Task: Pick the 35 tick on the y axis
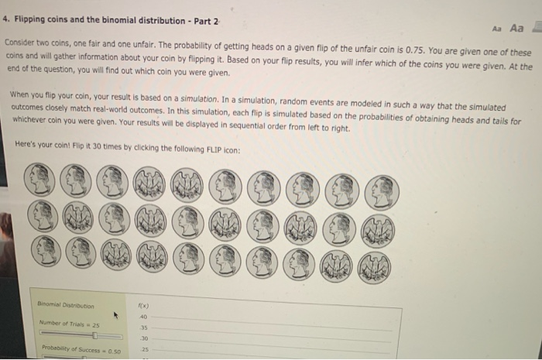[142, 327]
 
